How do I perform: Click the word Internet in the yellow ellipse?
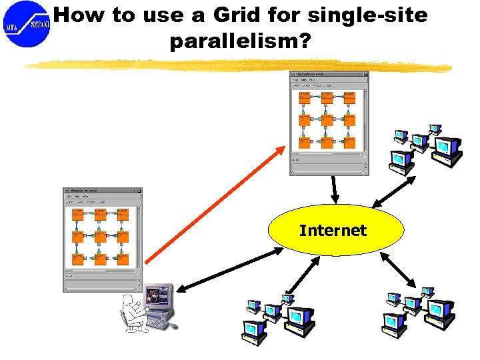333,231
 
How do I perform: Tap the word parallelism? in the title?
240,41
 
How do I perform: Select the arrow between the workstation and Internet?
230,269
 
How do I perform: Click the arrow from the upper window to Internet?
335,189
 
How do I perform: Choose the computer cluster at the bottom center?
277,317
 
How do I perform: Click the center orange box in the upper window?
327,120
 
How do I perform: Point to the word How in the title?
79,15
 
